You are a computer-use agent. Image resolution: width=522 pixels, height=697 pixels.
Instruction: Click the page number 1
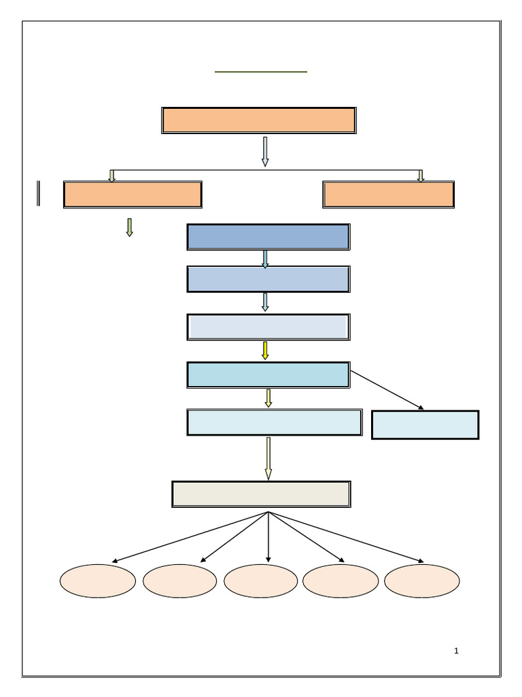click(x=456, y=651)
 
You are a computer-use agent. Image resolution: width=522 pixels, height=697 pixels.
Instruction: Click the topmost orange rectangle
click(x=258, y=120)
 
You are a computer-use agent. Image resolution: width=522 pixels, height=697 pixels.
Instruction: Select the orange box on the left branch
click(x=133, y=194)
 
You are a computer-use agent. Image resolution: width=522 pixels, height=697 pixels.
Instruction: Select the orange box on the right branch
click(x=388, y=194)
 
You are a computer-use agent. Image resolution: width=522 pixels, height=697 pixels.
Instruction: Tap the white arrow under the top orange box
click(x=265, y=151)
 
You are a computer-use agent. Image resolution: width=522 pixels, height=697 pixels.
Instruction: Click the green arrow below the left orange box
click(x=129, y=227)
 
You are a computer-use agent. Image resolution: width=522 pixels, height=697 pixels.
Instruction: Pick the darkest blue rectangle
click(x=268, y=237)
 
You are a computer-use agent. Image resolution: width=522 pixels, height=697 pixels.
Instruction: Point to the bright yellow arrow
click(x=265, y=351)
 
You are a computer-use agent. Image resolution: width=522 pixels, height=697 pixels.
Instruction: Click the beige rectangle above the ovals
click(x=261, y=494)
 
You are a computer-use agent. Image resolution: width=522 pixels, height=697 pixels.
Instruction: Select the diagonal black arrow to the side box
click(x=387, y=391)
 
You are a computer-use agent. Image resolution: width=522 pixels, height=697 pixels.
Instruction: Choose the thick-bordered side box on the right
click(x=425, y=425)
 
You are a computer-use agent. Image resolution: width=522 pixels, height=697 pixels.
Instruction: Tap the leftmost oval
click(x=97, y=581)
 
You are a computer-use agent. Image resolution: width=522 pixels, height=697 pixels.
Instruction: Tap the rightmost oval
click(x=421, y=581)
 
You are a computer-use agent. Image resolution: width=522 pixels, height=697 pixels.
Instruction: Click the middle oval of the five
click(x=260, y=581)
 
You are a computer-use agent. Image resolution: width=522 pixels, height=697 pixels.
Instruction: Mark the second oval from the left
click(x=179, y=581)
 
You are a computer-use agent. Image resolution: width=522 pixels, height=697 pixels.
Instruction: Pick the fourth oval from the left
click(x=340, y=581)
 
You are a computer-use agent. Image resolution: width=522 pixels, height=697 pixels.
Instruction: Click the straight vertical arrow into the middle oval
click(x=268, y=538)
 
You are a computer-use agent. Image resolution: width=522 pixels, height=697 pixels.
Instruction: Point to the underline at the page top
click(x=261, y=71)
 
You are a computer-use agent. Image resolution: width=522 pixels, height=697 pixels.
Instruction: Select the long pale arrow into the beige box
click(x=268, y=458)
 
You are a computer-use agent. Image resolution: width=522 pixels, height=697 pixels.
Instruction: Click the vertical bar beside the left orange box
click(x=39, y=193)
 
